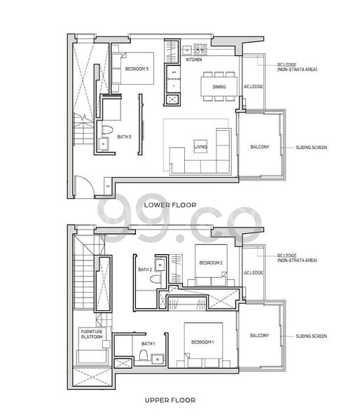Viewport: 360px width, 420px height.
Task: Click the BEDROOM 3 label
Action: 137,69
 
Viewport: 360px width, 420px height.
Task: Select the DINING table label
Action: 219,87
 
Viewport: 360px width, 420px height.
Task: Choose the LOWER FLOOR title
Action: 169,205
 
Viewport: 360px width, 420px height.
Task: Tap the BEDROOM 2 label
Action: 211,262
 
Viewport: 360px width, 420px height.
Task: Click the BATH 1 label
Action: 148,344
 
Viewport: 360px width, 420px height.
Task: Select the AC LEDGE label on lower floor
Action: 253,87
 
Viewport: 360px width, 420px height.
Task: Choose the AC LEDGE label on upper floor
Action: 253,272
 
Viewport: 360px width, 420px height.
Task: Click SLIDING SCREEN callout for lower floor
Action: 312,148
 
